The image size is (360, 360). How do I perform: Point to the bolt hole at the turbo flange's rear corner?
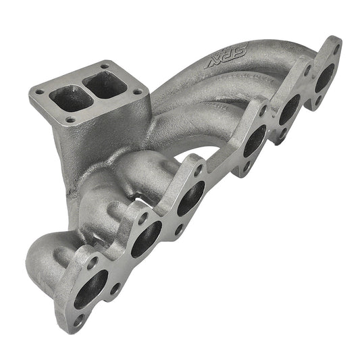pyautogui.click(x=104, y=66)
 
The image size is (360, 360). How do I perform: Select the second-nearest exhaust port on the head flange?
pyautogui.click(x=145, y=239)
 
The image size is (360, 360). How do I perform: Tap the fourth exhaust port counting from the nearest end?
pyautogui.click(x=255, y=140)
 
